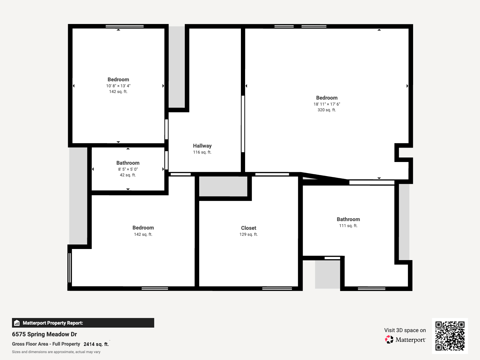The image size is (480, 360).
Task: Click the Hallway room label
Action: [x=202, y=146]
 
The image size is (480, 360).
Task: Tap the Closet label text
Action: [x=248, y=228]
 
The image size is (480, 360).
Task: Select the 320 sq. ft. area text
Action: [x=327, y=110]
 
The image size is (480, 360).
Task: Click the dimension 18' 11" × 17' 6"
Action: [x=327, y=104]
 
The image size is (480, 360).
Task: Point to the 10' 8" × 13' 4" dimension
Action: [x=118, y=86]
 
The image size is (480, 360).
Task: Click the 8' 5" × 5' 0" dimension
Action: [x=128, y=169]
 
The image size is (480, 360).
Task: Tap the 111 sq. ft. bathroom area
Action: [x=348, y=226]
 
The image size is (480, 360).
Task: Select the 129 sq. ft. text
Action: [x=248, y=234]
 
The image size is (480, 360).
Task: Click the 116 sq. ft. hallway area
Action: [x=202, y=152]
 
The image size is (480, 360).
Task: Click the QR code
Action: [x=450, y=336]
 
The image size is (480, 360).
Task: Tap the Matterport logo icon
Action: [x=389, y=340]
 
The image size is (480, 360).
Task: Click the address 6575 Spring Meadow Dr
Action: [x=44, y=334]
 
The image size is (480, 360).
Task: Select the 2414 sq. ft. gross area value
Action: [x=96, y=344]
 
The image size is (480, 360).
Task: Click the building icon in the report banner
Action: [x=17, y=323]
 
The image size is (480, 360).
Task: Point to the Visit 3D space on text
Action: [x=405, y=330]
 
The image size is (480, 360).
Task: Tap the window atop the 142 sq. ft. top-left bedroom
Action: [x=124, y=26]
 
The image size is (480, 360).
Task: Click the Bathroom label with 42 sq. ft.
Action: [x=128, y=163]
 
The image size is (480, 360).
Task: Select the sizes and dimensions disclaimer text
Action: [x=56, y=352]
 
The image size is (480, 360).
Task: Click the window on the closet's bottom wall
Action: [x=277, y=289]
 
